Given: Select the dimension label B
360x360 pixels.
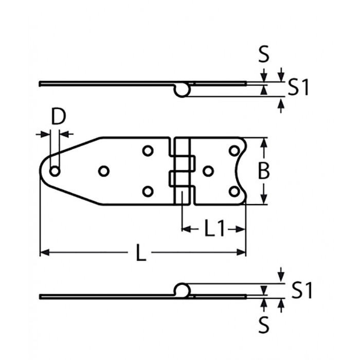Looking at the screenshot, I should pyautogui.click(x=263, y=171).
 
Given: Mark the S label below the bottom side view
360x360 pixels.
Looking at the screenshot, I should pyautogui.click(x=264, y=325).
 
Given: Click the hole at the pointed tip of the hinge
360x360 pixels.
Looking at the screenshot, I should pyautogui.click(x=55, y=171).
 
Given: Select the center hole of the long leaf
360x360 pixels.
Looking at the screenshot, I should pyautogui.click(x=103, y=171).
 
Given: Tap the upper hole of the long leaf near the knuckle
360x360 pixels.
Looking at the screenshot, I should pyautogui.click(x=148, y=151).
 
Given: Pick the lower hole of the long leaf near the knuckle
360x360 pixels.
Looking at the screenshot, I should pyautogui.click(x=148, y=192).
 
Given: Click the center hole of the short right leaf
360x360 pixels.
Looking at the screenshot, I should pyautogui.click(x=208, y=171).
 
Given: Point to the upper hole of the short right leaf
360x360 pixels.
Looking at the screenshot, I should pyautogui.click(x=234, y=151).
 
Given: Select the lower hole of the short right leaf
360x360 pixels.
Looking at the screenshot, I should pyautogui.click(x=234, y=192).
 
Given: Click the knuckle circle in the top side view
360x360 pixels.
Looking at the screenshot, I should pyautogui.click(x=181, y=90).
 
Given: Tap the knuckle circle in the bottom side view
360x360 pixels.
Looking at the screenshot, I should pyautogui.click(x=181, y=290).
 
